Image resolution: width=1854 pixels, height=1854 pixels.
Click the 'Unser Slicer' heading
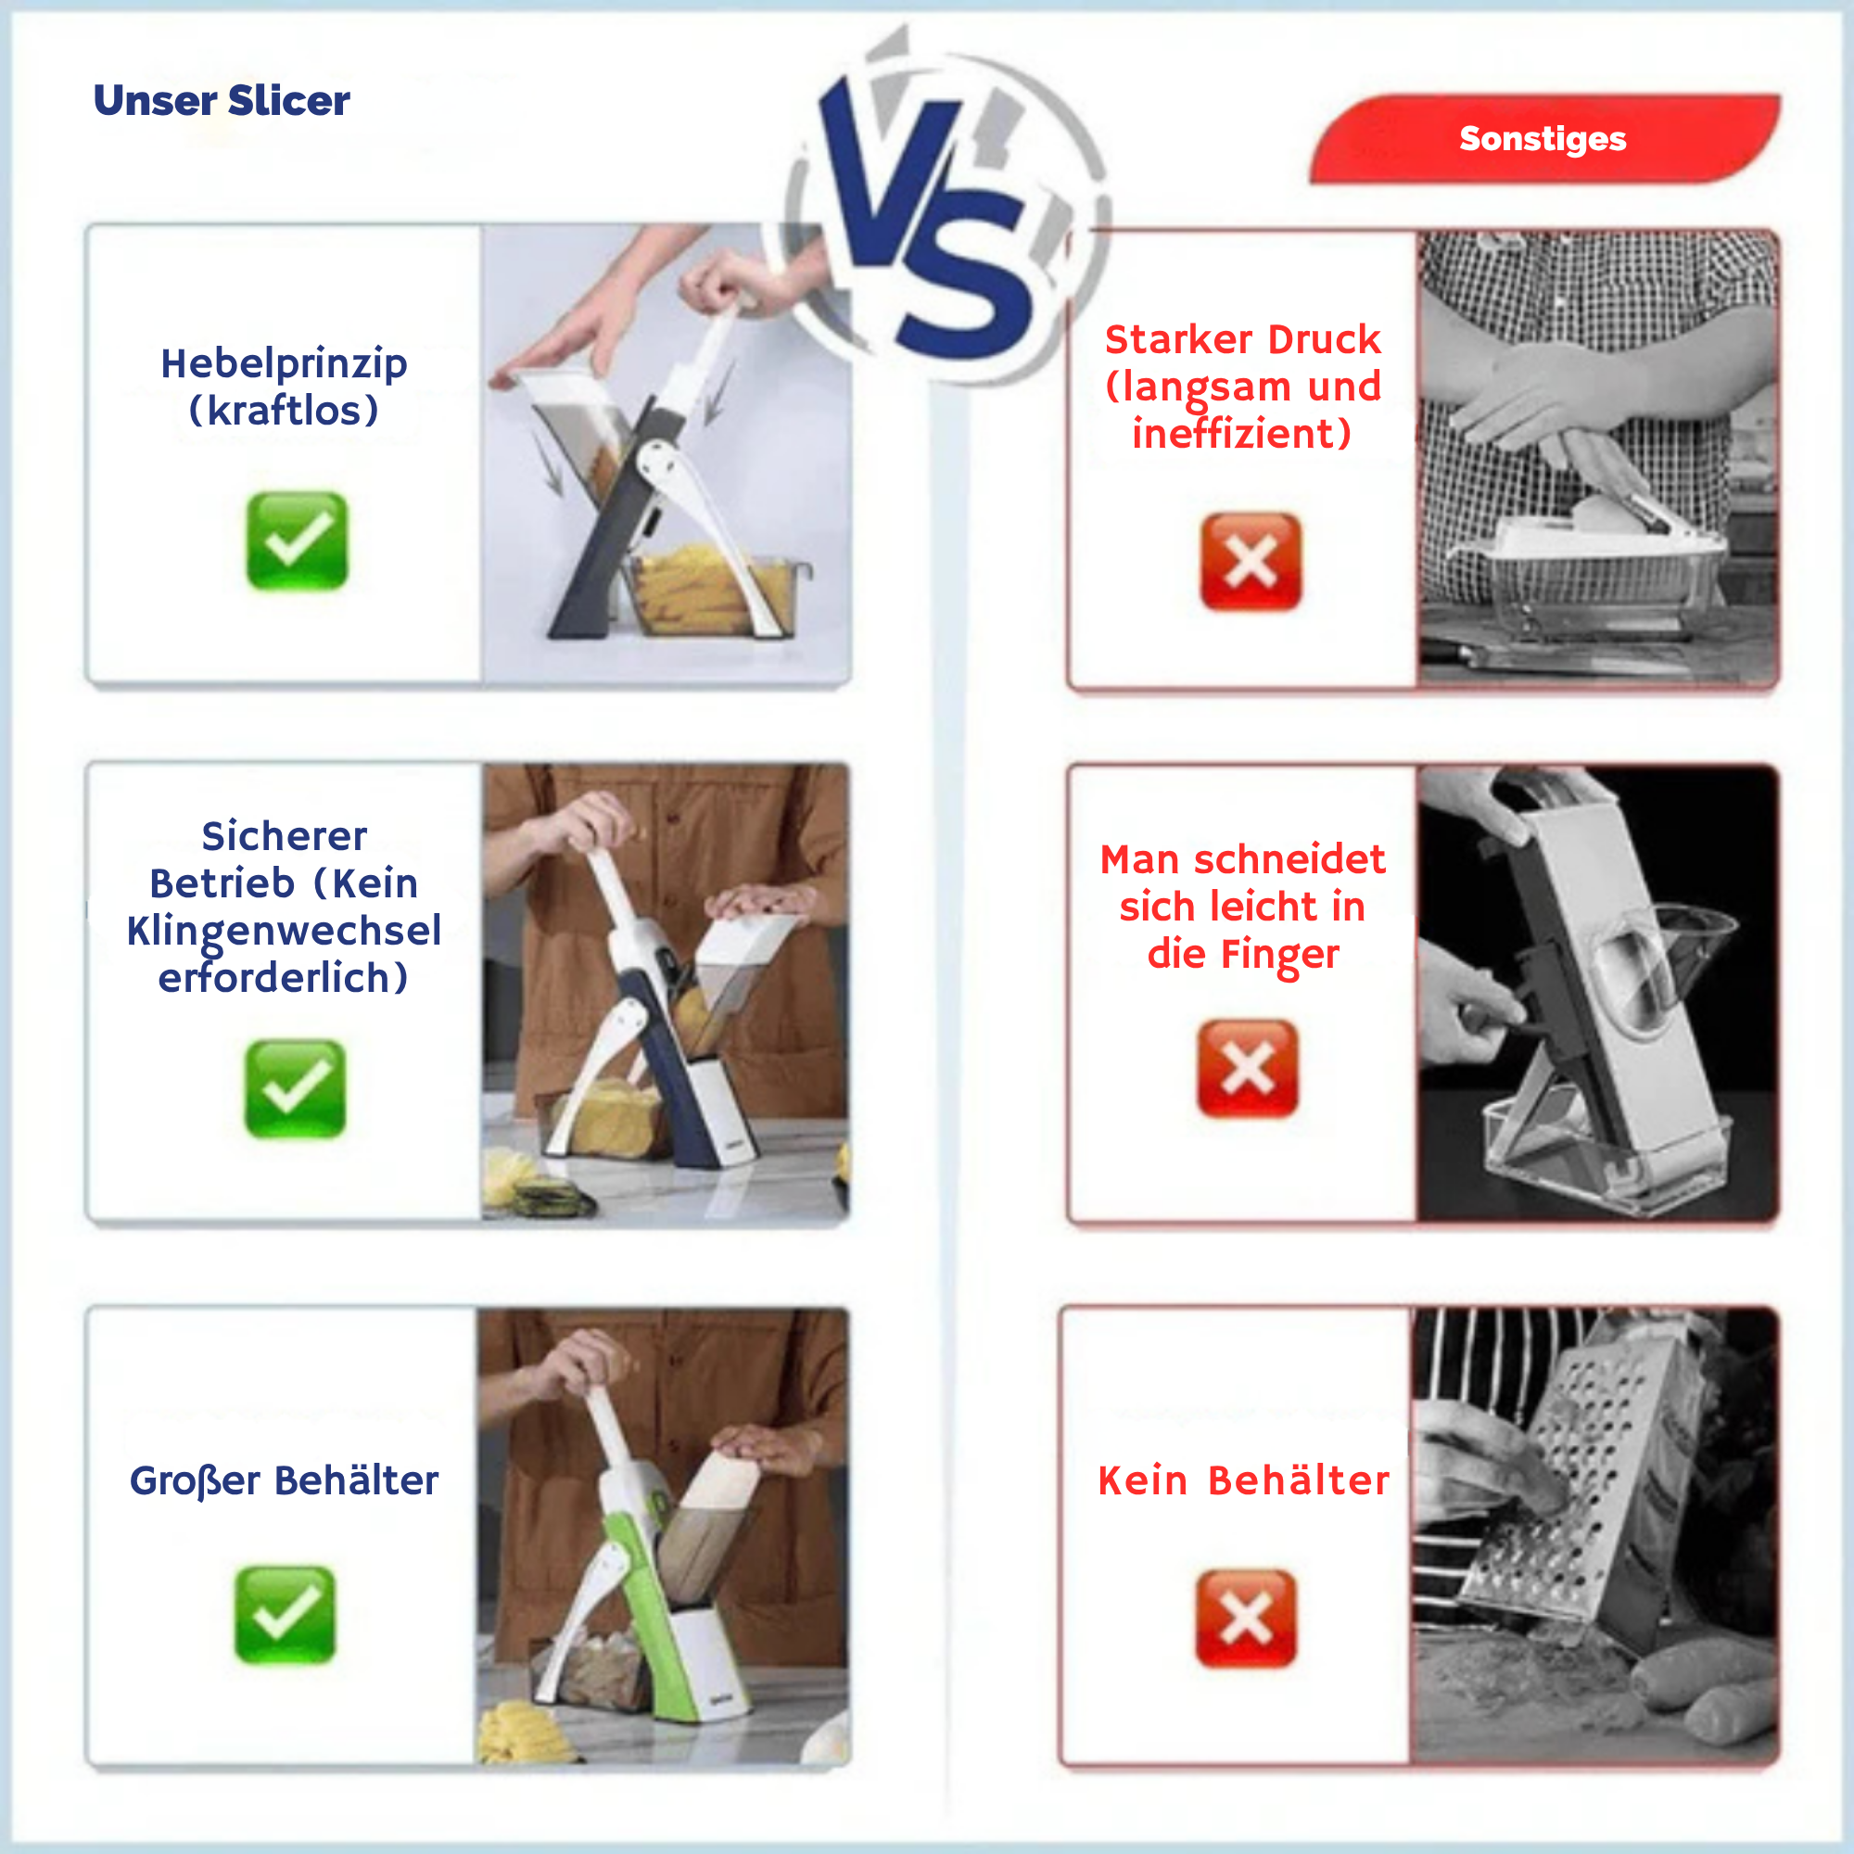222,101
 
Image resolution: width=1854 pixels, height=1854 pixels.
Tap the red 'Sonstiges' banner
1543,139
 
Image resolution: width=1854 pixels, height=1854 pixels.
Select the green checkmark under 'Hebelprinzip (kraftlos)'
297,540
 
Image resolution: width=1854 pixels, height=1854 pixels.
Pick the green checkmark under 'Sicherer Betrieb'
295,1088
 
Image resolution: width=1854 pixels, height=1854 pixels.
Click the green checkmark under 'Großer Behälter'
285,1615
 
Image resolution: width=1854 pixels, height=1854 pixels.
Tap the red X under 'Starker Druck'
1251,562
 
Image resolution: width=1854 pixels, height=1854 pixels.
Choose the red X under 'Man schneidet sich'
1248,1068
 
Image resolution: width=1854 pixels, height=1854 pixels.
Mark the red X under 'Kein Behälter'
1246,1619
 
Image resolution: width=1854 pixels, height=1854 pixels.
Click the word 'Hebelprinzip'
284,364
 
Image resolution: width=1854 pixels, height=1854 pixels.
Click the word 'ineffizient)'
1242,434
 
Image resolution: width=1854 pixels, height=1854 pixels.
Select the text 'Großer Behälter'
284,1480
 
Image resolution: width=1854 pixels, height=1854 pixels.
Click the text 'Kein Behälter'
1244,1480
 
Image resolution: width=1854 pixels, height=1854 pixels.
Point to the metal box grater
1593,1497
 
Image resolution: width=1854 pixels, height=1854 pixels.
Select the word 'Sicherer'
284,837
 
